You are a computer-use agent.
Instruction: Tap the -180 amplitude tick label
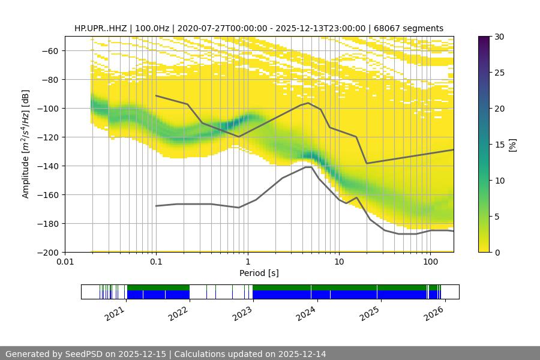[49, 223]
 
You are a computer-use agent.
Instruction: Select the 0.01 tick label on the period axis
[65, 262]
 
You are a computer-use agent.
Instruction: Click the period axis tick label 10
[338, 262]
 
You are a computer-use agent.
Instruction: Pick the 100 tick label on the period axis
[430, 262]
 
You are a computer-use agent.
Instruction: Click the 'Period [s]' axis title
[259, 273]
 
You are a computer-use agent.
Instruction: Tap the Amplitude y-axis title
[26, 144]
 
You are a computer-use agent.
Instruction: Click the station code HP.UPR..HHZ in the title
[99, 28]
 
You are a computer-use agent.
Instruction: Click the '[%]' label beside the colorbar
[512, 145]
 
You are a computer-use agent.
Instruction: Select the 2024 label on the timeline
[306, 313]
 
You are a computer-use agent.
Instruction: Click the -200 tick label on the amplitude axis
[49, 252]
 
